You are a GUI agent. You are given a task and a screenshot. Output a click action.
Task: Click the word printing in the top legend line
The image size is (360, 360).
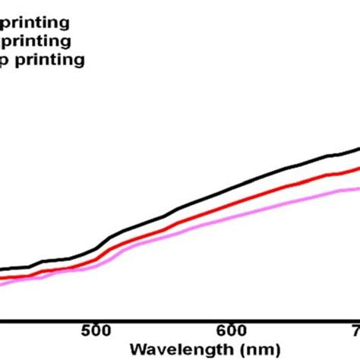click(x=35, y=21)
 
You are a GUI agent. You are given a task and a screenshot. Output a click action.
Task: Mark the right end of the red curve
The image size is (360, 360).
click(x=358, y=169)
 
